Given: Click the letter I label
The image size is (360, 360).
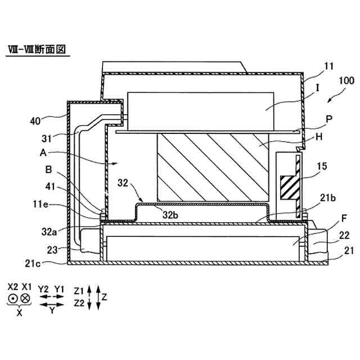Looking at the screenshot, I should [x=318, y=88].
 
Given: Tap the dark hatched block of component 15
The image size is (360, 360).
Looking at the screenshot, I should [x=288, y=187].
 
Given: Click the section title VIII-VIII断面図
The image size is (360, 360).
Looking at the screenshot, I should [x=35, y=49].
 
